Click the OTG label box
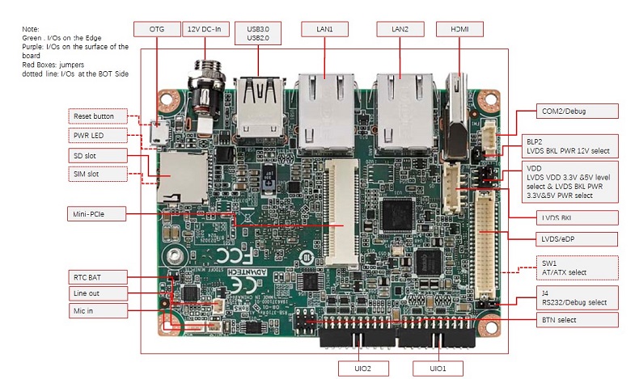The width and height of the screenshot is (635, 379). pyautogui.click(x=157, y=29)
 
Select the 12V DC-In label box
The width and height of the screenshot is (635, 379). pyautogui.click(x=203, y=29)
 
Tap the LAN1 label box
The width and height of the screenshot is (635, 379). pyautogui.click(x=324, y=29)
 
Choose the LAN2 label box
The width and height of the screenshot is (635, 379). pyautogui.click(x=400, y=29)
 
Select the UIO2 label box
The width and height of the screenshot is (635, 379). pyautogui.click(x=363, y=368)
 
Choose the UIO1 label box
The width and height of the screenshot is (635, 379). pyautogui.click(x=438, y=368)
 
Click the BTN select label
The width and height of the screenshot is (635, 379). pyautogui.click(x=566, y=320)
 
